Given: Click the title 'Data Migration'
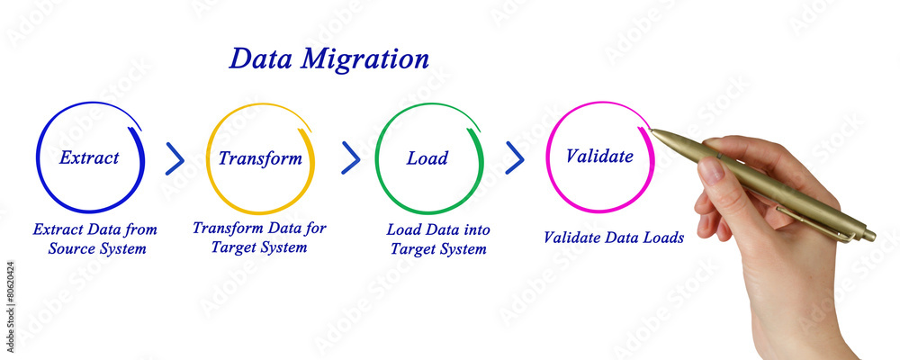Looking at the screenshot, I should [328, 59].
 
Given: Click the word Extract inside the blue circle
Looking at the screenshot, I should [89, 158].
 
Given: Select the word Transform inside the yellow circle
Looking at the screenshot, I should [260, 159].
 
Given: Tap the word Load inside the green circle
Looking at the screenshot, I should [427, 159].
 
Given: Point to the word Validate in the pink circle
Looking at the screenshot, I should [598, 157].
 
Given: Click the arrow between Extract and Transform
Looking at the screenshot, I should [175, 158].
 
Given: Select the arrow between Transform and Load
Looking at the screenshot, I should [351, 157].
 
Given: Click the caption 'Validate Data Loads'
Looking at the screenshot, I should [614, 238].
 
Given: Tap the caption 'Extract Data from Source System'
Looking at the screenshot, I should [96, 239].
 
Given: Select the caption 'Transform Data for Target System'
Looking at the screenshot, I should [259, 237].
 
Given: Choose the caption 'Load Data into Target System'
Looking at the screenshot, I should [438, 239].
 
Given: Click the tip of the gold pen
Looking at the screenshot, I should [653, 132].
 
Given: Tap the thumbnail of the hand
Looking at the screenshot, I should [711, 170].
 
